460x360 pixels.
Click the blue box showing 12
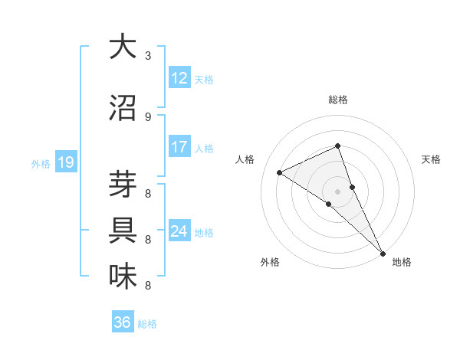point(179,79)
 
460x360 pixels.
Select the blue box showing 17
point(179,148)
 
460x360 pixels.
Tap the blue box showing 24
point(179,232)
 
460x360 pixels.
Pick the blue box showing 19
point(66,162)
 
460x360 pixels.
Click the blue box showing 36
point(123,322)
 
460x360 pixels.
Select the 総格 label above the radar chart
point(337,100)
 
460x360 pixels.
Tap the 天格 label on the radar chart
point(432,159)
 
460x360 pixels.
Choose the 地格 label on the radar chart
point(402,263)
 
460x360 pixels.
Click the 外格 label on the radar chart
point(270,263)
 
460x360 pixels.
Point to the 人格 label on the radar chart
point(245,159)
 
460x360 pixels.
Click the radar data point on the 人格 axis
point(279,172)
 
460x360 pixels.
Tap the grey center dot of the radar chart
point(337,191)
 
